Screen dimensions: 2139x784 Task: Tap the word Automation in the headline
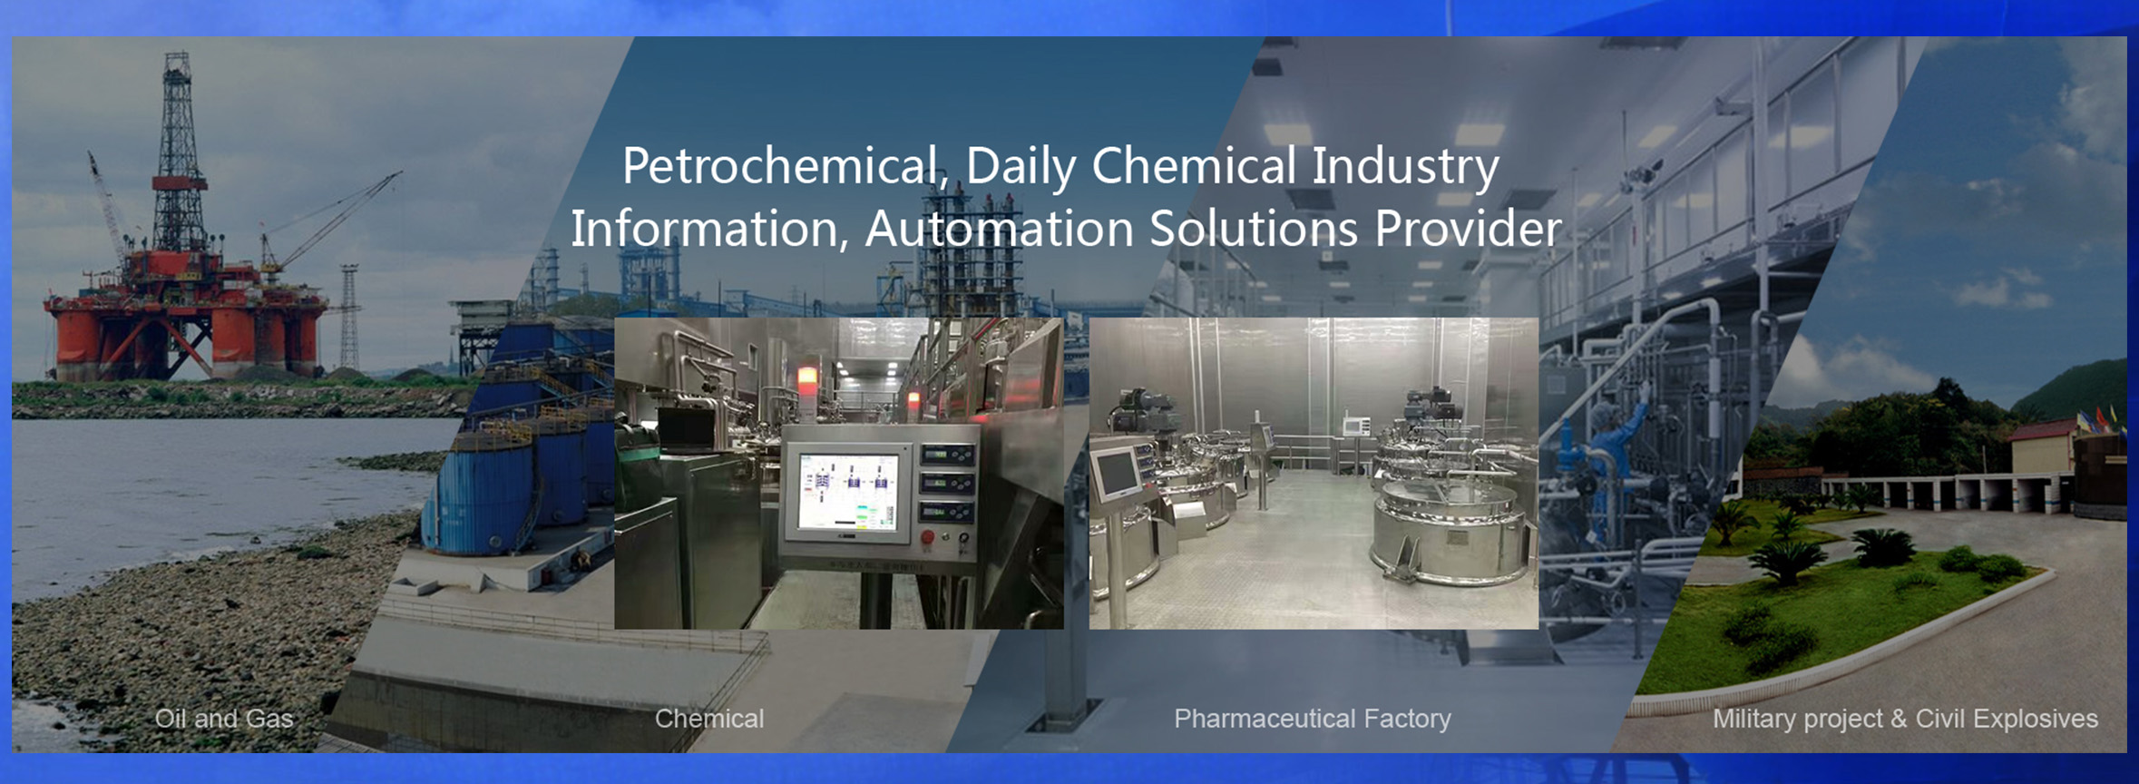[x=999, y=228]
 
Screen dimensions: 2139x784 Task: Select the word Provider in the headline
[x=1469, y=228]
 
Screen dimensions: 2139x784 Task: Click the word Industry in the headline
[x=1405, y=168]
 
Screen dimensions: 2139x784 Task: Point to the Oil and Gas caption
[x=224, y=719]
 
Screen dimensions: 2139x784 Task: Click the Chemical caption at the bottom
[x=709, y=719]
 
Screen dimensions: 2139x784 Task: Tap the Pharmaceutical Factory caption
[x=1313, y=719]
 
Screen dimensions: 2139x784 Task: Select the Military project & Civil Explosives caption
[x=1905, y=719]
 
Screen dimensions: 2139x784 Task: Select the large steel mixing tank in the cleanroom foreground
[x=1448, y=531]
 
